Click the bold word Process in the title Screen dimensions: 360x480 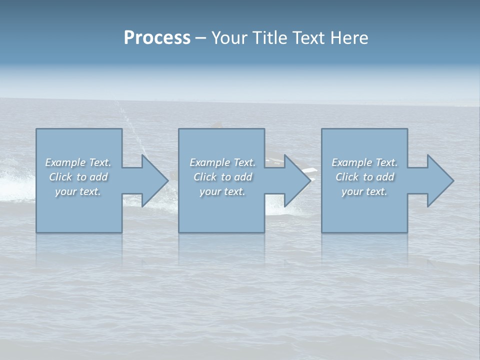click(x=157, y=38)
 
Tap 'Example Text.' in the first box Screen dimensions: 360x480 click(x=78, y=162)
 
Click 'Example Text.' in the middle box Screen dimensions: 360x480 click(x=222, y=162)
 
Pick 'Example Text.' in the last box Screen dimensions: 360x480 click(x=364, y=162)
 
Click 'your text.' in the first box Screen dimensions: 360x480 click(x=78, y=191)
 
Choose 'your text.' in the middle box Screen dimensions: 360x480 click(x=222, y=191)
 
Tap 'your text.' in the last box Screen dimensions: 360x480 click(x=364, y=191)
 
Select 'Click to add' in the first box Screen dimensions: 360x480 click(x=78, y=177)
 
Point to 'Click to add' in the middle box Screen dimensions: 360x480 click(x=222, y=177)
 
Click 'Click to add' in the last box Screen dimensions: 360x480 click(x=364, y=177)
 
